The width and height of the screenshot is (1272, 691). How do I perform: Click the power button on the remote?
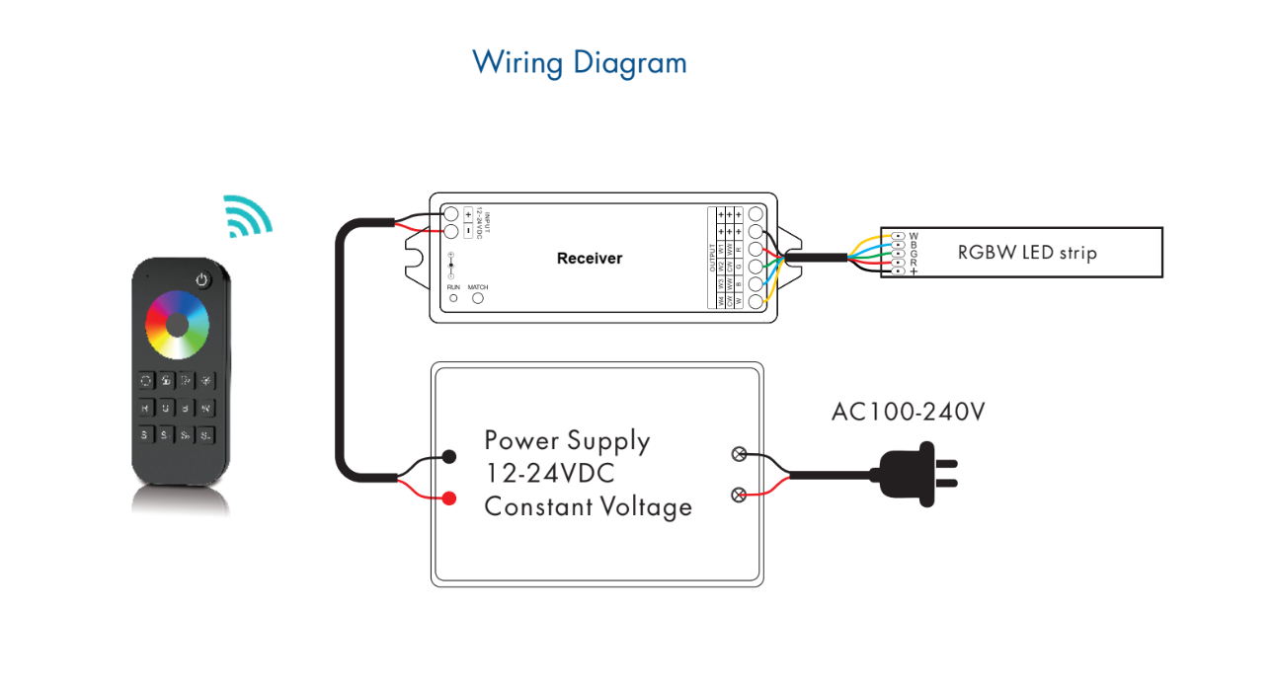pos(201,279)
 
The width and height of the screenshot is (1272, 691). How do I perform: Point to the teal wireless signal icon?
pos(246,216)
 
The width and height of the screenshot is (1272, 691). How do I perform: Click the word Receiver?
pos(590,259)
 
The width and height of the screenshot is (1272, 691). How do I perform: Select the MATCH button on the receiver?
pos(478,297)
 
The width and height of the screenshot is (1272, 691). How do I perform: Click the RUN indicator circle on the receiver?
pos(453,297)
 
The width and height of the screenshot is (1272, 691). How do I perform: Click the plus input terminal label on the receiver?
pos(468,214)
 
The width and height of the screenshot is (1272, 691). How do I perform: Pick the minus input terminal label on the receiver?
pos(468,232)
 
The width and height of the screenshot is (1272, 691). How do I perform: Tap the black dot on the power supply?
pos(449,456)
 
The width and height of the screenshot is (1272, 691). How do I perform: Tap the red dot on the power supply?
pos(449,498)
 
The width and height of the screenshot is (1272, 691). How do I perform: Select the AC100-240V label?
pos(908,412)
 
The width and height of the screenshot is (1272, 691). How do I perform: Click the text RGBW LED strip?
pos(1027,252)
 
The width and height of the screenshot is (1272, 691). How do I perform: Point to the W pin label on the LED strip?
pos(914,236)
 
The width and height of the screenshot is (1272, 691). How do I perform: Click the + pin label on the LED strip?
pos(914,270)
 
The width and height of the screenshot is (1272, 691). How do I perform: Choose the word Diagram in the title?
pos(628,63)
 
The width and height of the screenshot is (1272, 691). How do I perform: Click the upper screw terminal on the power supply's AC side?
pos(737,455)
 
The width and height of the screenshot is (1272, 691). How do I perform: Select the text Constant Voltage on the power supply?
pos(588,507)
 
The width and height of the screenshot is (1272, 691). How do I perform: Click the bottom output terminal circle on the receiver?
pos(757,302)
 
